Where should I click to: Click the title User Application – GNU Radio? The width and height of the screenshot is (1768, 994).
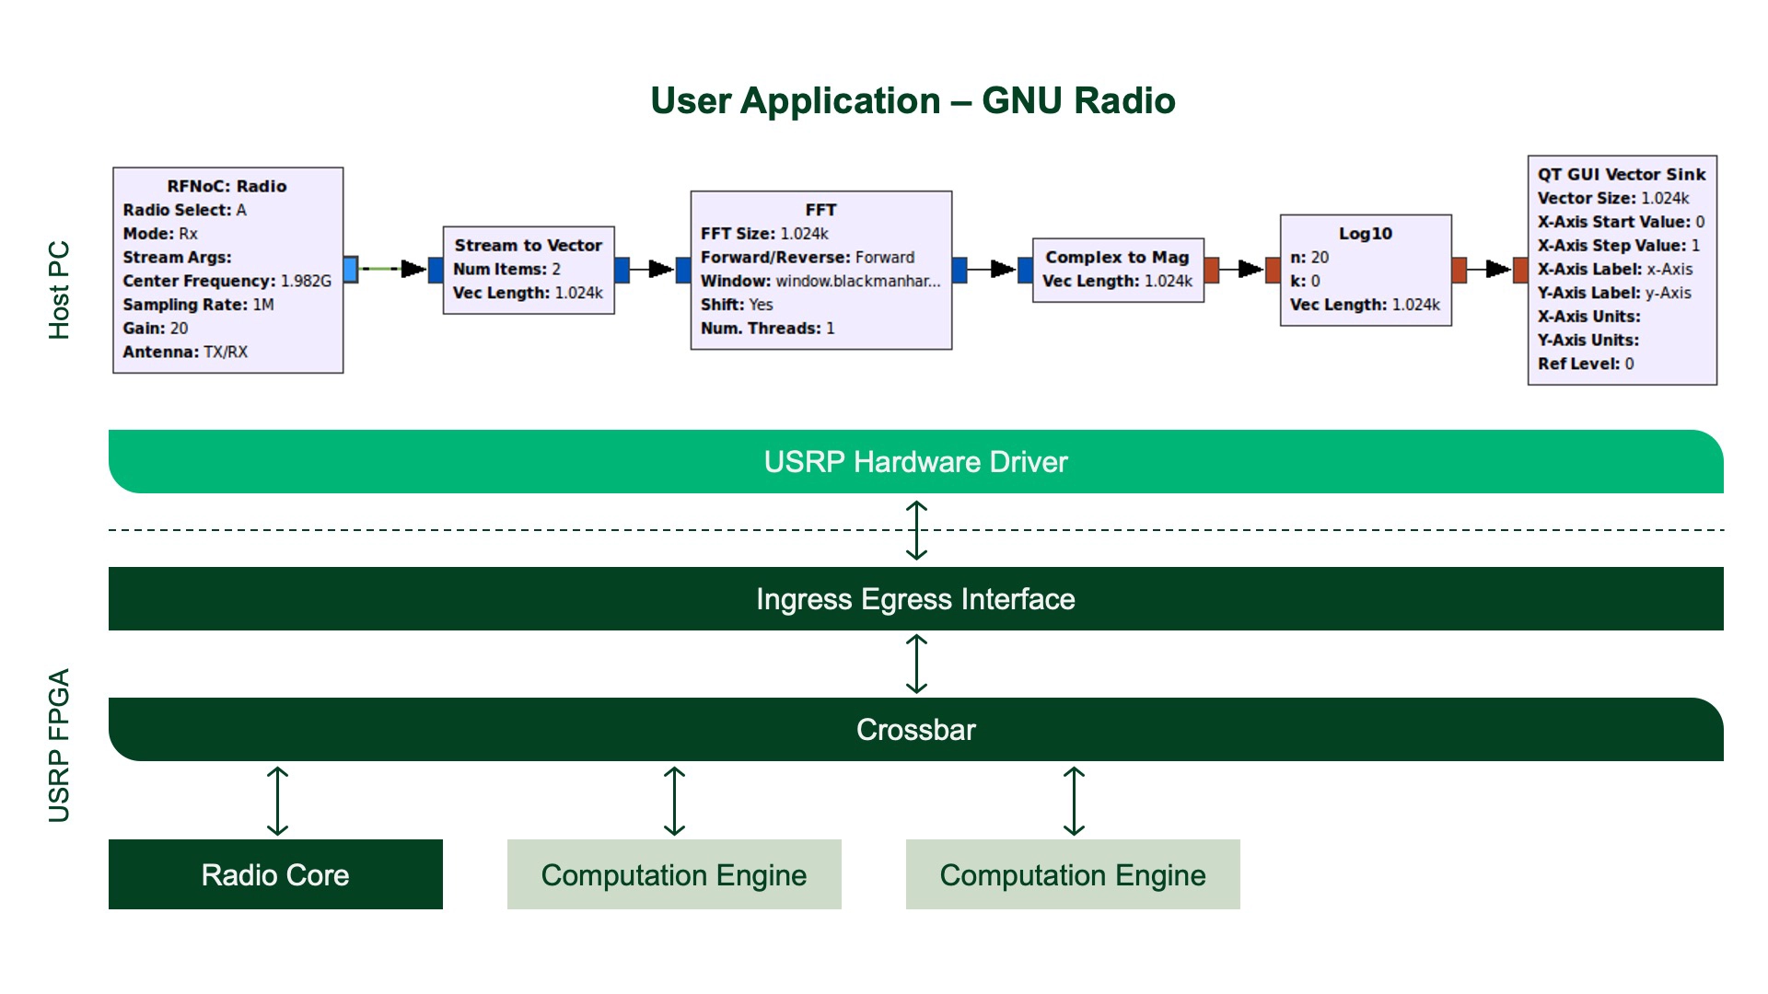click(913, 101)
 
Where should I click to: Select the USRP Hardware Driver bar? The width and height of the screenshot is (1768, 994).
click(915, 462)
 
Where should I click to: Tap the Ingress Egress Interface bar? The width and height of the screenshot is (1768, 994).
click(915, 599)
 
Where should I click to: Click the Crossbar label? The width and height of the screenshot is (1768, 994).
click(915, 730)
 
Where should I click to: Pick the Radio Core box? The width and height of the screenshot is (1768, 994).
click(275, 874)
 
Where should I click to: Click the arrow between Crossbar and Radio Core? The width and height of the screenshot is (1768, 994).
click(277, 801)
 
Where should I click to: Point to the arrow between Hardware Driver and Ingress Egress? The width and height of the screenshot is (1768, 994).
click(916, 530)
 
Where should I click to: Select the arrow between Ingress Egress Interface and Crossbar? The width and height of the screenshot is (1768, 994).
click(916, 664)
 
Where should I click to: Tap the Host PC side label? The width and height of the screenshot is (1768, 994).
click(59, 290)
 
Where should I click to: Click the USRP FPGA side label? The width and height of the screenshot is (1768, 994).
click(59, 745)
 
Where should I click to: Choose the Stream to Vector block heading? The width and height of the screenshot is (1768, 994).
click(528, 246)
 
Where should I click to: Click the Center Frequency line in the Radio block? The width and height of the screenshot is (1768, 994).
click(227, 281)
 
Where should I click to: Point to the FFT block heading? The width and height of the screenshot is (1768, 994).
click(820, 210)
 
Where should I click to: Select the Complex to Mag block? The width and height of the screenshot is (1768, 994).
click(1117, 270)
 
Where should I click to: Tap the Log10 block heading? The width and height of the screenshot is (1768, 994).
click(1365, 234)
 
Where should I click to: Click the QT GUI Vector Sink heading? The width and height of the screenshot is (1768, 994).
click(1621, 175)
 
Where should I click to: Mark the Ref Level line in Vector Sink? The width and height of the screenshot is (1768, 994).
click(1585, 364)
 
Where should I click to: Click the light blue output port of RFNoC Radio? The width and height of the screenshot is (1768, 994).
click(351, 269)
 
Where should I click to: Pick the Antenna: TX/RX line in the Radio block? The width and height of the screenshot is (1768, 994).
click(185, 352)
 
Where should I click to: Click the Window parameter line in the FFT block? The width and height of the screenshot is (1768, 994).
click(820, 281)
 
